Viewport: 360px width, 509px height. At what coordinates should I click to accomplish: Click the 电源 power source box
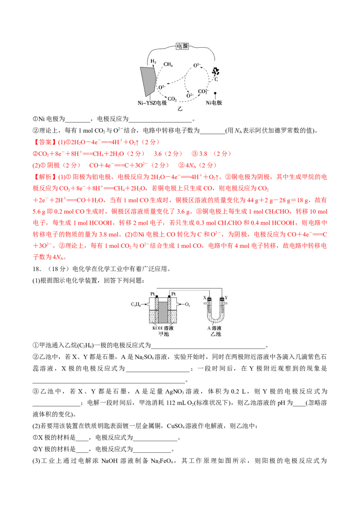[x=182, y=46]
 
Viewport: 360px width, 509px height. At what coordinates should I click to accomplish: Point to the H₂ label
[x=153, y=61]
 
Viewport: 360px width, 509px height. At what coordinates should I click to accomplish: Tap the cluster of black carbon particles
[x=216, y=71]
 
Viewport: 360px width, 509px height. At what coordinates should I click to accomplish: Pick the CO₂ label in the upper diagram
[x=172, y=98]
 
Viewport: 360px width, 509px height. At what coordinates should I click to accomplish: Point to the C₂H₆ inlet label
[x=136, y=304]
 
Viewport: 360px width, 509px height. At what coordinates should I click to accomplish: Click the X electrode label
[x=205, y=298]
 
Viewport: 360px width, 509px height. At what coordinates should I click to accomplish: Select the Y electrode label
[x=226, y=298]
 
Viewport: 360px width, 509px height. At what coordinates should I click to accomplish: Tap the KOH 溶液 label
[x=162, y=328]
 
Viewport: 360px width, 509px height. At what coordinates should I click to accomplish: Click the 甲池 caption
[x=162, y=334]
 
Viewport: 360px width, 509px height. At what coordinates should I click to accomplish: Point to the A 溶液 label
[x=216, y=328]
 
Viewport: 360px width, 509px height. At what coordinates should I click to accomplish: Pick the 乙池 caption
[x=216, y=334]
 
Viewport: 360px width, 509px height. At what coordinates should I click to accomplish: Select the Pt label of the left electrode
[x=153, y=293]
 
